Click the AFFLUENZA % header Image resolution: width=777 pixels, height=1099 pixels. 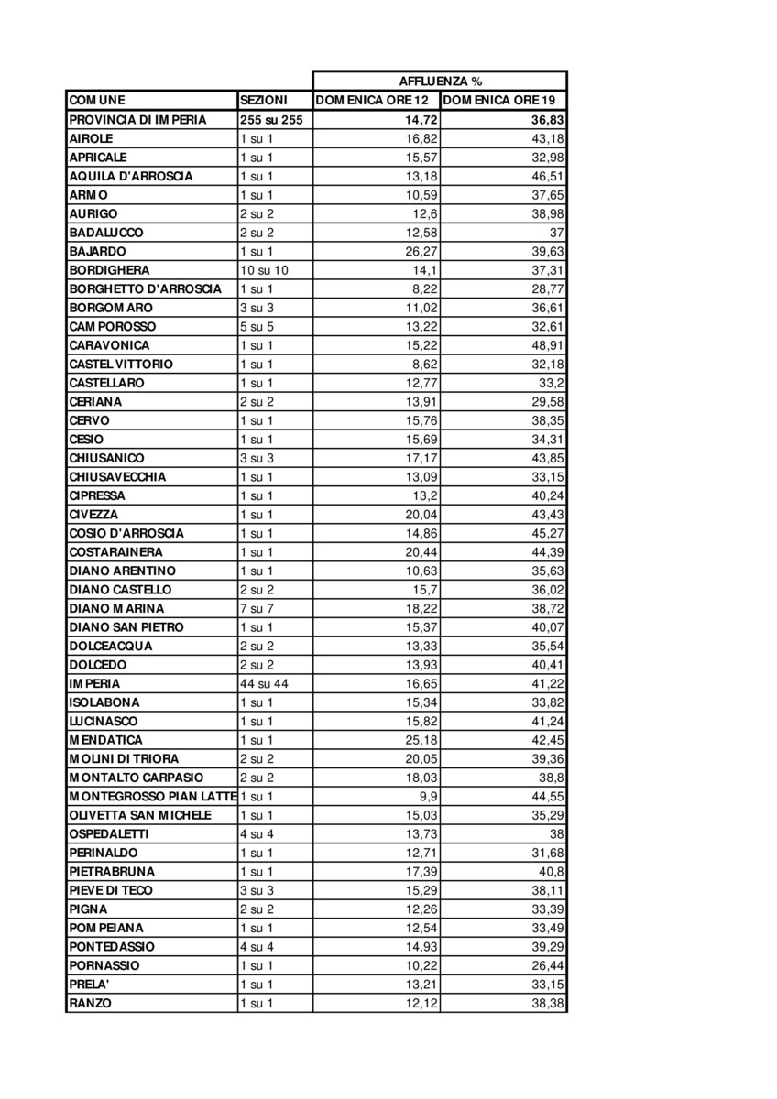(440, 82)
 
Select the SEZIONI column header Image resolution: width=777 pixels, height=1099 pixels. (263, 101)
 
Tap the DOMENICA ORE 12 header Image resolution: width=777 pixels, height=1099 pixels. (376, 101)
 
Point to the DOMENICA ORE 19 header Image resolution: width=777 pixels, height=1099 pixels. (503, 101)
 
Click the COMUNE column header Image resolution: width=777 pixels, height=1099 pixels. (97, 101)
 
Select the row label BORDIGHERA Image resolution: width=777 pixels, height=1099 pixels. (109, 270)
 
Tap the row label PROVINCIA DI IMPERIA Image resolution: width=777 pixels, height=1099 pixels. (137, 120)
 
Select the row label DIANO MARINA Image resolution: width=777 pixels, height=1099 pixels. (116, 608)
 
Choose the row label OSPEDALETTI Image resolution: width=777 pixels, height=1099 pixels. (108, 833)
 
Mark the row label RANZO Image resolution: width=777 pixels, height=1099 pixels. (90, 1003)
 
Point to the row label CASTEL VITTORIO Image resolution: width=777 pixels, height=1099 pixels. (120, 364)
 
